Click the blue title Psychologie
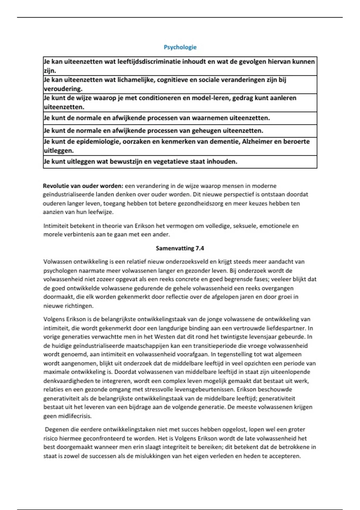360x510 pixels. [x=180, y=47]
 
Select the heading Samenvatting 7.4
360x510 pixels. [x=180, y=248]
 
